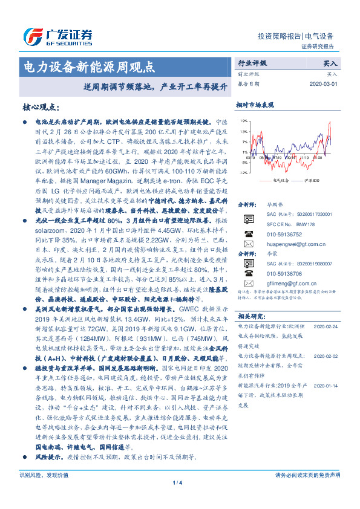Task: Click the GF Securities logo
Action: [x=57, y=36]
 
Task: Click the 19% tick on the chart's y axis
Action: [x=242, y=121]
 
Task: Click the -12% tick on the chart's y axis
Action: [x=242, y=172]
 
